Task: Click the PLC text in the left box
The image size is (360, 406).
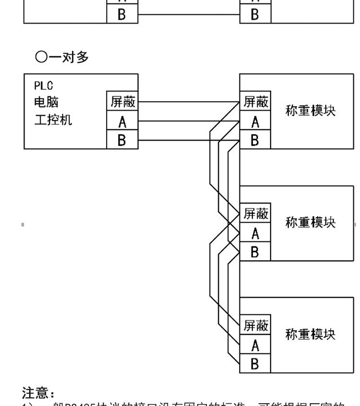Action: tap(43, 86)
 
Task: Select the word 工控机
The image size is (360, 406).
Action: tap(53, 119)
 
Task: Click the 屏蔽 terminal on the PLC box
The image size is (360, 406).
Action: tap(122, 102)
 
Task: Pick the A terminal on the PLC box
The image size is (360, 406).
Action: tap(122, 122)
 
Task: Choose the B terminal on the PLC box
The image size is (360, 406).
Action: tap(122, 140)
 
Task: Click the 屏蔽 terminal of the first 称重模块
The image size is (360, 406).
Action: tap(255, 102)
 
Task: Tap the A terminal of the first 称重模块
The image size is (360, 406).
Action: tap(255, 122)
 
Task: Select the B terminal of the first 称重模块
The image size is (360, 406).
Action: tap(255, 140)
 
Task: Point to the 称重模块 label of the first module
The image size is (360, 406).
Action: tap(310, 111)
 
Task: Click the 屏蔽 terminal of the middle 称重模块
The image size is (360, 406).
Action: tap(255, 213)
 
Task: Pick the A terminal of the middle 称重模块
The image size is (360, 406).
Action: tap(255, 234)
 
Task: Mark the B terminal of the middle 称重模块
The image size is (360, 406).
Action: tap(255, 251)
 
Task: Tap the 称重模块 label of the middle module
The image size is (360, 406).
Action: tap(310, 222)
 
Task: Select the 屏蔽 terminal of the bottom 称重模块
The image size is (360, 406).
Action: tap(255, 326)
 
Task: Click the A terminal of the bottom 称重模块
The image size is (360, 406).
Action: tap(255, 345)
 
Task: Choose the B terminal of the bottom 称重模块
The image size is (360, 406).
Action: tap(255, 364)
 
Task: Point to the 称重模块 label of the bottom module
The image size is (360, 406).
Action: tap(310, 334)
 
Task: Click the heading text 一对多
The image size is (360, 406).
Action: tap(68, 57)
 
